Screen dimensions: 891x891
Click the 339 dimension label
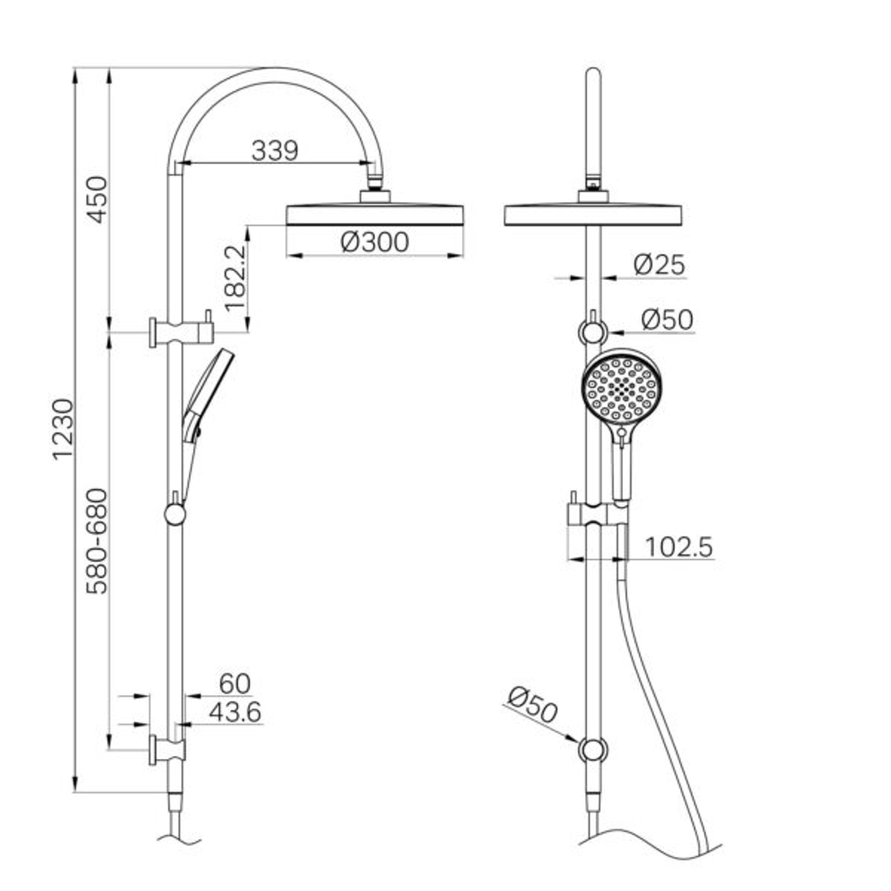click(274, 151)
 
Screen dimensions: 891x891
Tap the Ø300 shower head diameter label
click(374, 243)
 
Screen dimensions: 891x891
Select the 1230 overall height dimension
click(64, 429)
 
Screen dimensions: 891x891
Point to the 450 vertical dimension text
click(97, 199)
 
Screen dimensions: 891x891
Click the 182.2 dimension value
click(235, 276)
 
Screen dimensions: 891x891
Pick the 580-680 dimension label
click(97, 540)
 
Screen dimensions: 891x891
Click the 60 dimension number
click(234, 684)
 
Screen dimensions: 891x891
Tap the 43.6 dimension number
click(235, 713)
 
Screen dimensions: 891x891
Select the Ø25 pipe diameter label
click(659, 265)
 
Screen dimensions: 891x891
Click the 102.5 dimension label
click(678, 547)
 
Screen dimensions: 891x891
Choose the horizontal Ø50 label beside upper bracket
click(667, 319)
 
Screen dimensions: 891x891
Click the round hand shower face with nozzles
click(621, 388)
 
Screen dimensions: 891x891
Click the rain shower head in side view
click(375, 214)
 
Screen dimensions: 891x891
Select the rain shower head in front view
click(592, 214)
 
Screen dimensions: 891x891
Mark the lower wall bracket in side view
click(167, 750)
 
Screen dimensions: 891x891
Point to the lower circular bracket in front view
click(592, 750)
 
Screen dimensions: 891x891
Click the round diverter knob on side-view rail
click(175, 515)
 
